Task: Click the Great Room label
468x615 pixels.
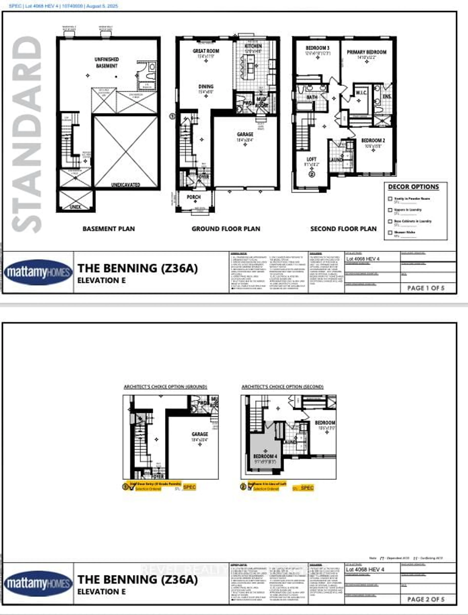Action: (x=206, y=51)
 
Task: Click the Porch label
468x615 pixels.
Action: (x=194, y=197)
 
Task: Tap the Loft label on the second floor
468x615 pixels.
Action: (x=311, y=159)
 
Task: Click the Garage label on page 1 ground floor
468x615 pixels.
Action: (x=245, y=134)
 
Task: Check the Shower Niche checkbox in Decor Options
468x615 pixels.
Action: (x=390, y=232)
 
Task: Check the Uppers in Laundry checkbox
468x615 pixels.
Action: (x=390, y=210)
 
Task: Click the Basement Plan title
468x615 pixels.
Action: (x=109, y=229)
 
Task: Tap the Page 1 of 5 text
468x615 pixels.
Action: (x=426, y=288)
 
